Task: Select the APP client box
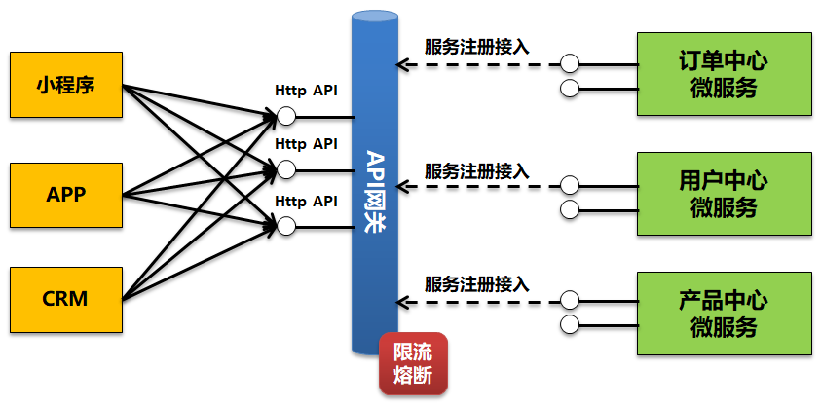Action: pos(66,194)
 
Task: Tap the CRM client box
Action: pos(66,299)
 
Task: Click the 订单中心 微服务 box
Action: pos(724,74)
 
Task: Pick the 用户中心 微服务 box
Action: pos(724,193)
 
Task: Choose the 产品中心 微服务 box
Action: pos(724,313)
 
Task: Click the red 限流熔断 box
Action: pos(412,364)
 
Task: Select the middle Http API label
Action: pos(306,144)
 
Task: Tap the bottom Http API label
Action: pos(306,202)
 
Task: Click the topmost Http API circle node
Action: pos(285,117)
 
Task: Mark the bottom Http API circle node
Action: pos(285,226)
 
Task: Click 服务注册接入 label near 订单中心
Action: pos(477,46)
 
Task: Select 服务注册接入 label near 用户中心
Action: pos(477,169)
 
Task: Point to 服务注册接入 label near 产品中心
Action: pos(477,284)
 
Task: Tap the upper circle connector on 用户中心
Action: pos(571,182)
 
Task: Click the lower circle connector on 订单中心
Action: pos(571,91)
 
